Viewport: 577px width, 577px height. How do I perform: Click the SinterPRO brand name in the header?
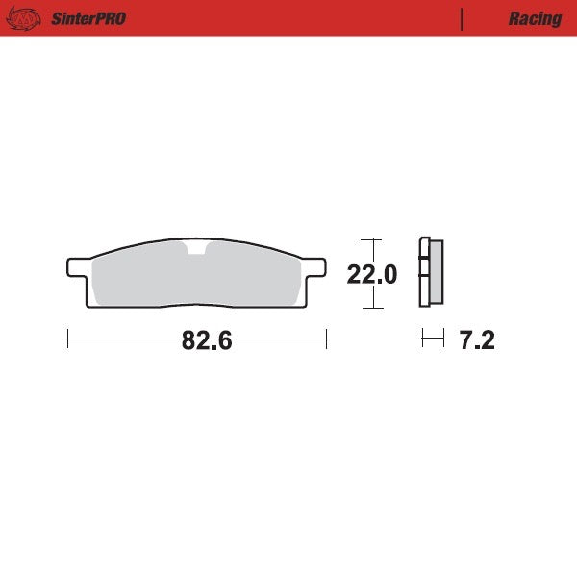click(x=88, y=18)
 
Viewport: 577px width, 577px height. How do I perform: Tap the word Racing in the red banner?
click(x=535, y=18)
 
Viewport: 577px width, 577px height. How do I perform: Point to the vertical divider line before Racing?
click(x=463, y=18)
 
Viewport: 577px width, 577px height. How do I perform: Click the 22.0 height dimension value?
click(x=371, y=275)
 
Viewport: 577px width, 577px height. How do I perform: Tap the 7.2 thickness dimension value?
click(x=476, y=340)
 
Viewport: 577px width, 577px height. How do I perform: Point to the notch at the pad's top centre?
click(x=197, y=252)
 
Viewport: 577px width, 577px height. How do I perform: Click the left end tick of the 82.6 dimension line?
click(x=68, y=339)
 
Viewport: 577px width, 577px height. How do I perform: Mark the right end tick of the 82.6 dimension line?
click(x=327, y=339)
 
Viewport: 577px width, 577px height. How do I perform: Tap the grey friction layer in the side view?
click(x=436, y=274)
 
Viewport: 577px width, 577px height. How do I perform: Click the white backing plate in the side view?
click(x=423, y=274)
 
